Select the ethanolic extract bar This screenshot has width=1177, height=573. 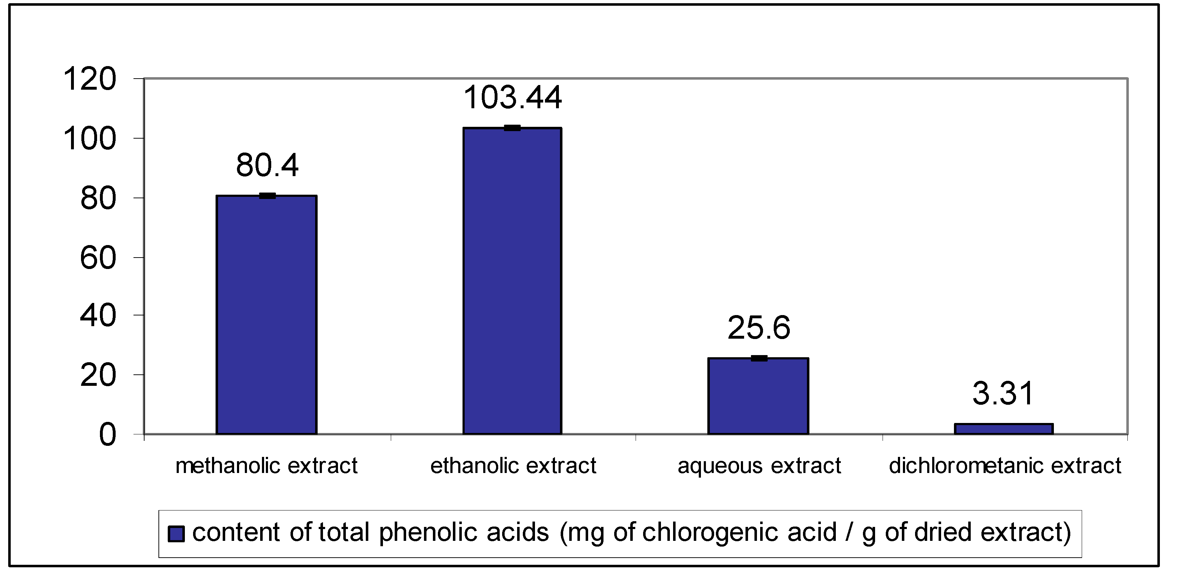pyautogui.click(x=512, y=281)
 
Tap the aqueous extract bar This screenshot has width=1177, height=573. pyautogui.click(x=758, y=396)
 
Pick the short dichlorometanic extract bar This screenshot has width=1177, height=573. pyautogui.click(x=1004, y=429)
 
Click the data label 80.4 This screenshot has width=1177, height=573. pyautogui.click(x=267, y=165)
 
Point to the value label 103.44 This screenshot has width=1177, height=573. pyautogui.click(x=512, y=98)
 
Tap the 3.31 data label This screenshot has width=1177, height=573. pyautogui.click(x=1003, y=394)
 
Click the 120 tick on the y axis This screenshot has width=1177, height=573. pyautogui.click(x=90, y=79)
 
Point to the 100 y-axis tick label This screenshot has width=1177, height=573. pyautogui.click(x=90, y=139)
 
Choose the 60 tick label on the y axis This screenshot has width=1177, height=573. pyautogui.click(x=98, y=258)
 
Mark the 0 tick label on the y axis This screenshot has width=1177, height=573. pyautogui.click(x=107, y=435)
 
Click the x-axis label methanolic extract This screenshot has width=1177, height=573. pyautogui.click(x=266, y=466)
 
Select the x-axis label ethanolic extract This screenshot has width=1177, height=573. pyautogui.click(x=513, y=466)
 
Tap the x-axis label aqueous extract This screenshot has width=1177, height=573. pyautogui.click(x=759, y=466)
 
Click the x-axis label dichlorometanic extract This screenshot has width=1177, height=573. pyautogui.click(x=1005, y=466)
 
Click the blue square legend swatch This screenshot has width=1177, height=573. pyautogui.click(x=176, y=534)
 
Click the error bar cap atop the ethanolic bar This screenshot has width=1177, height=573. pyautogui.click(x=512, y=128)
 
